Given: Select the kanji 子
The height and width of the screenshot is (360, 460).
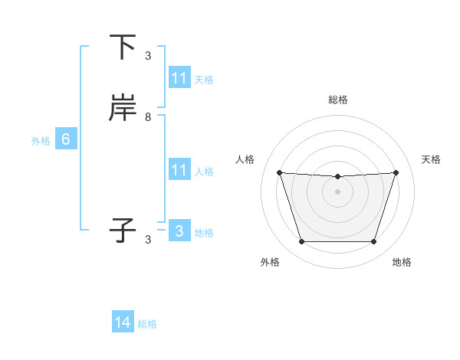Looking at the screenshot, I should pos(123,231).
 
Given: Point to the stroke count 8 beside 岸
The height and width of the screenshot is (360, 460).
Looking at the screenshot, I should pos(148,117).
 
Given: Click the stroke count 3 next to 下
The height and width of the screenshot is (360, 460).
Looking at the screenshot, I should pos(148,56).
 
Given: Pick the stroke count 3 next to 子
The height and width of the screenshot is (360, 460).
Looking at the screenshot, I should pos(148,240).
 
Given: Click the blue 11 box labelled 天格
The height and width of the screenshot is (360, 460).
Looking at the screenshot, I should pos(179,78).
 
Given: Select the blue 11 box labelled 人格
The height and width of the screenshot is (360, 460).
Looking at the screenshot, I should pos(179,170).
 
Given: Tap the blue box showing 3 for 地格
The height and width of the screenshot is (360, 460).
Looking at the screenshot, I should pos(179,231).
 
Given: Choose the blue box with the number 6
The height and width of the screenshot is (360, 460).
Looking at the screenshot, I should pos(66,139).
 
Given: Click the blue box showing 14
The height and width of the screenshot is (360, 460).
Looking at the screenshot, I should pos(123,322).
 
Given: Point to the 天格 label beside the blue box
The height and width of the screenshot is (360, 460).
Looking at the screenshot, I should pos(204,80).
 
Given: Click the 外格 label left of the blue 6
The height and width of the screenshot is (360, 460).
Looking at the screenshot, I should pos(41,141).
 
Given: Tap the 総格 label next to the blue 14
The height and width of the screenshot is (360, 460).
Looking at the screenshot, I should pos(147,324).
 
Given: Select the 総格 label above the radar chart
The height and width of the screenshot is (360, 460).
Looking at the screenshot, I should pos(337,100).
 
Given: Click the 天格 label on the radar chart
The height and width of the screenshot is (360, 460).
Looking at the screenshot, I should pos(431,159).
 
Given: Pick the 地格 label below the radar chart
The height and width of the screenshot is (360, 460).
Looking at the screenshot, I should pos(402,262).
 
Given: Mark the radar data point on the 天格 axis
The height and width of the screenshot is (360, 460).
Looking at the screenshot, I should pos(396,172).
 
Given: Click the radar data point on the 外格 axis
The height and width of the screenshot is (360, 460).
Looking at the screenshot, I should pos(301,242).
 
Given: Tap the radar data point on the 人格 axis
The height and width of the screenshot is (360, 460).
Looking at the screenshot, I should pos(279,172).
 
